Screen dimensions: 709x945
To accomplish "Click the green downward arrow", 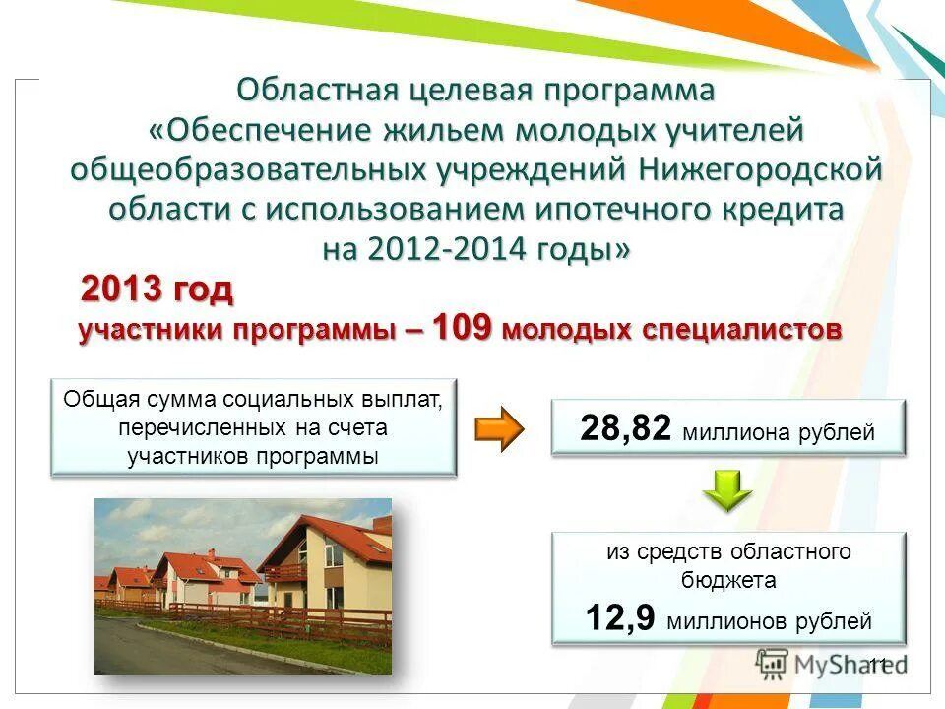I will coord(727,489).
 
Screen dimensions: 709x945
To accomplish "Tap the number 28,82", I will coord(625,428).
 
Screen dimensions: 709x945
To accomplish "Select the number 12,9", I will coord(621,619).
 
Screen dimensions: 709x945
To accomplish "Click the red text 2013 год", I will coord(157,290).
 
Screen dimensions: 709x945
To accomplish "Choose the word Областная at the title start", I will coord(316,90).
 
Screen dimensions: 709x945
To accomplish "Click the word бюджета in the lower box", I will coord(727,580).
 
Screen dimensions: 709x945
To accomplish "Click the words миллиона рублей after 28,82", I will coord(778,432).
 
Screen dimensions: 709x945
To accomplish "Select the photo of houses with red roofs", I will coord(243,586).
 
